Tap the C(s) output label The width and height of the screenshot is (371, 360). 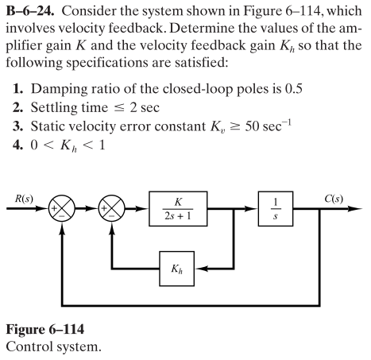point(346,195)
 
